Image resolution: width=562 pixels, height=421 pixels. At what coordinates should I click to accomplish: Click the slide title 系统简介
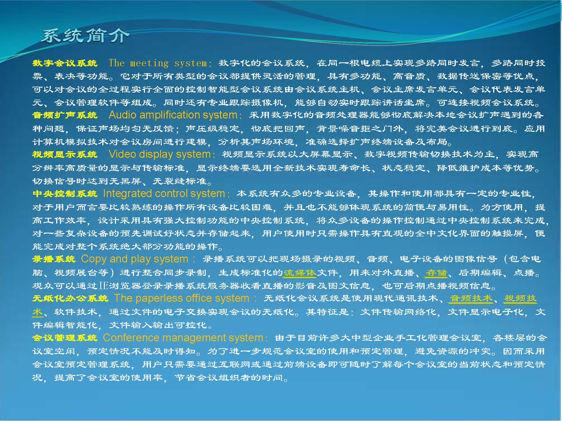click(85, 36)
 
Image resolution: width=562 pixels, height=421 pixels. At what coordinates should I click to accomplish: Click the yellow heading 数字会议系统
click(65, 63)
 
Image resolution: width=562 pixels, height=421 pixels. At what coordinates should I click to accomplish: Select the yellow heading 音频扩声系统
click(65, 115)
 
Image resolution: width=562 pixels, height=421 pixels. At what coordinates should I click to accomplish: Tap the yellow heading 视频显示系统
click(65, 154)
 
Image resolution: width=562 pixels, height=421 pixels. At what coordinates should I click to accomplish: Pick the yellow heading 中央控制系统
click(65, 194)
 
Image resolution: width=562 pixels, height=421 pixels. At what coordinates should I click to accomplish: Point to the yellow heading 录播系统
click(54, 259)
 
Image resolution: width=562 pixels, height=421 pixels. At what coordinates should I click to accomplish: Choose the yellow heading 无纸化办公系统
click(70, 298)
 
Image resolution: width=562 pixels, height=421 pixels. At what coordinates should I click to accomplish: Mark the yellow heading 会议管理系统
click(65, 338)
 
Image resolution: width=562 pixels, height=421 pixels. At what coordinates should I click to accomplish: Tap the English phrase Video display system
click(160, 154)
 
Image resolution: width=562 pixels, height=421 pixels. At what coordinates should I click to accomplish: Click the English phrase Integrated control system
click(164, 194)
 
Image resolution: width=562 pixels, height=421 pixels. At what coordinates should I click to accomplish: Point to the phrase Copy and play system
click(135, 259)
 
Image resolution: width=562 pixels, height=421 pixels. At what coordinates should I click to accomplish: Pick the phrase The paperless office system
click(182, 298)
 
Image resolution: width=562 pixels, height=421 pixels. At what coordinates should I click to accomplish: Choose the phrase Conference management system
click(183, 338)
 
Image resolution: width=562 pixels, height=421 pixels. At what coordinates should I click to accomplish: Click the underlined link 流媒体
click(300, 273)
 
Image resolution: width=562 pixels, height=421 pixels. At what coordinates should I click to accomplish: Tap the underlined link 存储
click(436, 273)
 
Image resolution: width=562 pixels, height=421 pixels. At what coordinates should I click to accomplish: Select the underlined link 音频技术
click(471, 298)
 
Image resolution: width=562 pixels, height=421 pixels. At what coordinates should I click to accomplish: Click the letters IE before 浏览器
click(103, 286)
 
